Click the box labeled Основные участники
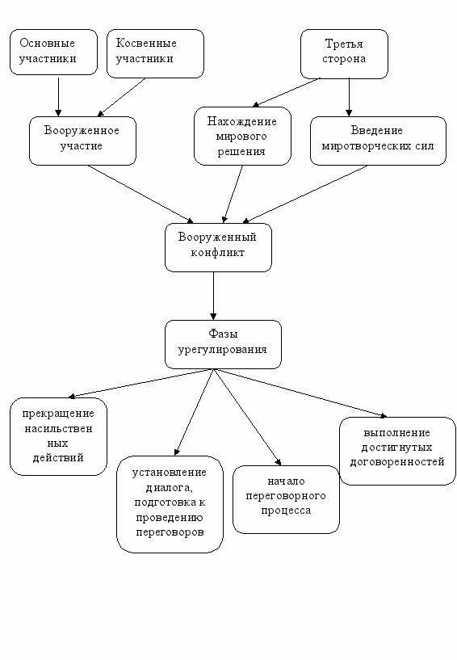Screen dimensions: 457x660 pos(53,53)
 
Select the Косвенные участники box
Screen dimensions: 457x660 pos(155,53)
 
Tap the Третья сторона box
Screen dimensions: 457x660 pos(344,54)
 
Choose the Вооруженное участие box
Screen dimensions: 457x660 pos(82,141)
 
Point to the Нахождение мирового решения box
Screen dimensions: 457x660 pos(242,136)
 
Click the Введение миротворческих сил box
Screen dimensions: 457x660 pos(378,141)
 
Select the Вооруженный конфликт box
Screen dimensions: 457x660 pos(218,247)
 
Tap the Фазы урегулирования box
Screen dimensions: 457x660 pos(223,344)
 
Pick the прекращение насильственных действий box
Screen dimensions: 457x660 pos(58,436)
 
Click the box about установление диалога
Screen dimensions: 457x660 pos(170,504)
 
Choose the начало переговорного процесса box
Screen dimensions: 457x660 pos(286,499)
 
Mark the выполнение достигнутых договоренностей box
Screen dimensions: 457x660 pos(398,452)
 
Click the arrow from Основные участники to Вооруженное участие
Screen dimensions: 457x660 pos(58,97)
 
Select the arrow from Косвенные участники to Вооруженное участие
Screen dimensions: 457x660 pos(122,97)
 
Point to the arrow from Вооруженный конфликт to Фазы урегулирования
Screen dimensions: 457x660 pos(213,296)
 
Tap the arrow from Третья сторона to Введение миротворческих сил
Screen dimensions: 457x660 pos(349,97)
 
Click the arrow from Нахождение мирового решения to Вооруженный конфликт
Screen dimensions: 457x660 pos(233,194)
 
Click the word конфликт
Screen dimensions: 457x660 pos(217,253)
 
